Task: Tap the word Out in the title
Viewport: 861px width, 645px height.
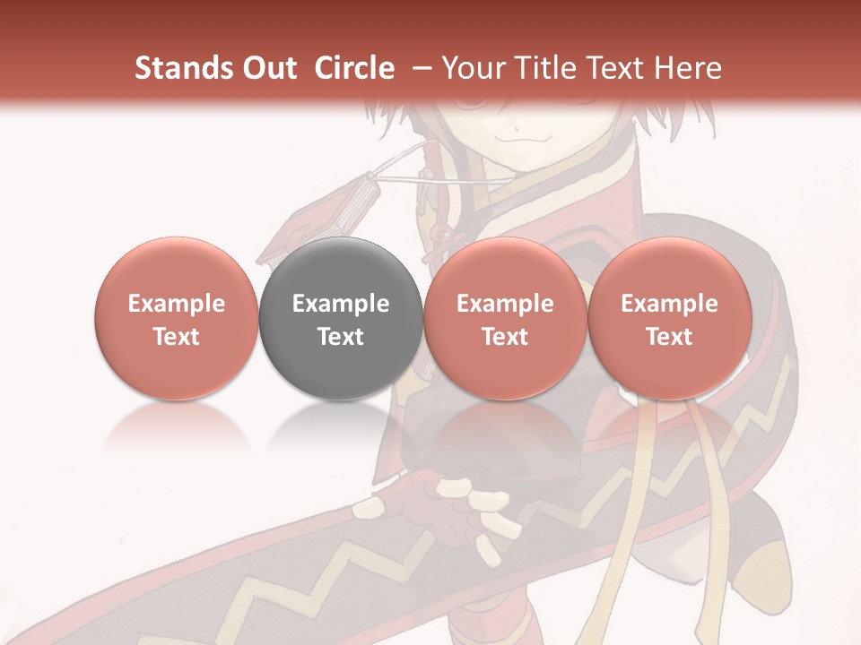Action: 266,69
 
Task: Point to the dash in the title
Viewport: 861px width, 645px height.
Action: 417,69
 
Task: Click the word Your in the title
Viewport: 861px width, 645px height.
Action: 472,69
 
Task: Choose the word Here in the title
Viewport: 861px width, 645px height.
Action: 688,69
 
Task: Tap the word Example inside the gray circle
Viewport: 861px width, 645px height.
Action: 341,304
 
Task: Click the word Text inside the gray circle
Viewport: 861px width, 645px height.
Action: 341,337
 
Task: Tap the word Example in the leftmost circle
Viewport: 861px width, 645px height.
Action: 176,304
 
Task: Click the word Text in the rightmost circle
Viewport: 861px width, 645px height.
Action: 669,337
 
